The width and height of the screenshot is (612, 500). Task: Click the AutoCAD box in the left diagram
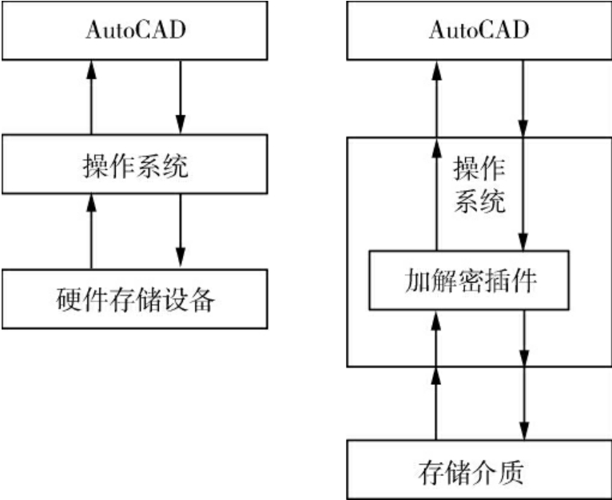pos(134,31)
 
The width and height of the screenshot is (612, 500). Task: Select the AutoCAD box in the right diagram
pos(478,31)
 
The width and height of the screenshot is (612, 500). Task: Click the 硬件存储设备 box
pos(134,299)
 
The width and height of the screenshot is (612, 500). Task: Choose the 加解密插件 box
pos(469,280)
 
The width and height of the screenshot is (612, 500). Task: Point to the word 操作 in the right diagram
pos(480,169)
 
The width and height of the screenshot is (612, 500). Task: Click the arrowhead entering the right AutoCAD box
pos(435,70)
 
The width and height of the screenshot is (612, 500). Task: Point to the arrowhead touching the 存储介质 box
pos(523,432)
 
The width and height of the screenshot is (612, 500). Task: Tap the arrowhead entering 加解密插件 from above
pos(523,241)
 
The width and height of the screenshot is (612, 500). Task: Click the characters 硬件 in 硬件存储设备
pos(76,300)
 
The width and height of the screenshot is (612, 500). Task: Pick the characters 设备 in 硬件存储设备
pos(192,300)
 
